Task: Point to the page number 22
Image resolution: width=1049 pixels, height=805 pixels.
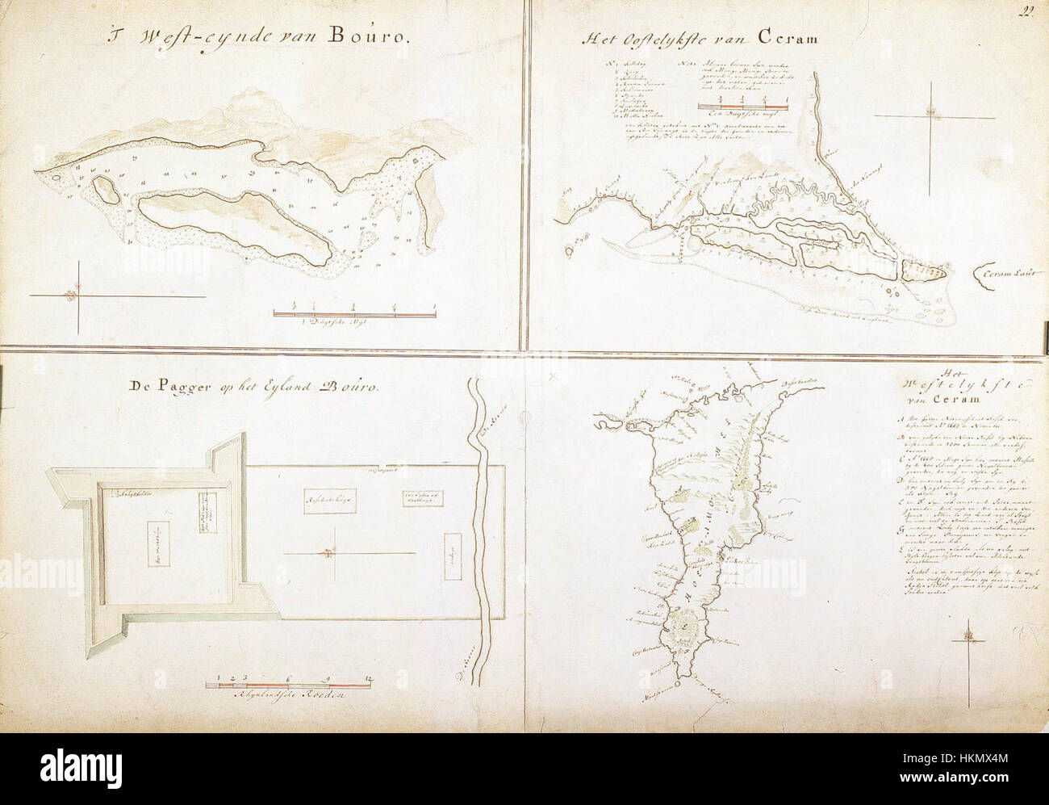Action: tap(1026, 10)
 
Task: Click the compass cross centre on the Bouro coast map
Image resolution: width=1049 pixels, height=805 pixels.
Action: tap(76, 295)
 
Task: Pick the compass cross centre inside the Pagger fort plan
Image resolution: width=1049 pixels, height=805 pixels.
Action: tap(327, 552)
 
